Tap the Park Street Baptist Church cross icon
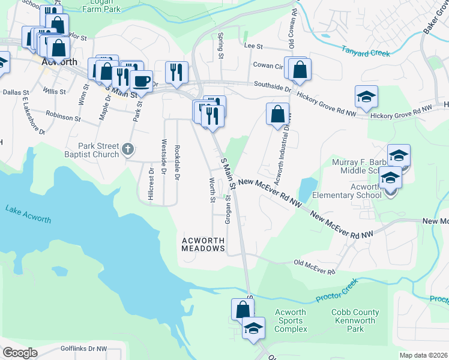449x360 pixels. click(128, 148)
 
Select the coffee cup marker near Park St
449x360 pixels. click(141, 80)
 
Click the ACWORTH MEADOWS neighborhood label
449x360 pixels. click(203, 244)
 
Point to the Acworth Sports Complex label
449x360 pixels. click(291, 320)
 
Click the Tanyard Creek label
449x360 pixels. click(366, 52)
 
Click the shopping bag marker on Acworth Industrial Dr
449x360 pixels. click(277, 114)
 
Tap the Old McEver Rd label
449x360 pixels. click(314, 267)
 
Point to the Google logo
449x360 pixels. click(20, 353)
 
